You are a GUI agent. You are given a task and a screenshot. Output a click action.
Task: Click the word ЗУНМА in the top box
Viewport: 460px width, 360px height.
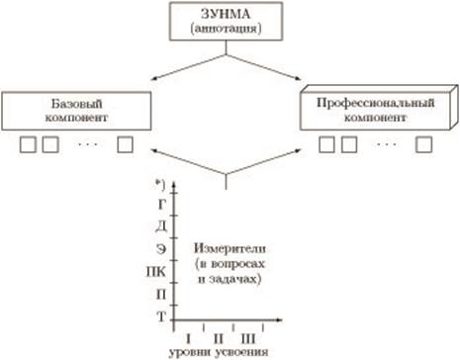point(226,14)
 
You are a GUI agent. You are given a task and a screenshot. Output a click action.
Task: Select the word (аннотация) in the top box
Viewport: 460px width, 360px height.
point(226,29)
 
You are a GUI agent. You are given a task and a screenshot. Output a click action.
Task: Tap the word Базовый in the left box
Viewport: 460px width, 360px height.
point(76,104)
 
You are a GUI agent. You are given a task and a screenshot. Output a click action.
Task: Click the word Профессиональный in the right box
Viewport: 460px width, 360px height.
point(376,103)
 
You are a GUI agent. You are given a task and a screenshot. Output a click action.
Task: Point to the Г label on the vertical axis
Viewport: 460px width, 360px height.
point(161,205)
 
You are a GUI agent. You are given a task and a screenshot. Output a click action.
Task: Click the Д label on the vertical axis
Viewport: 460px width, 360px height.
point(161,226)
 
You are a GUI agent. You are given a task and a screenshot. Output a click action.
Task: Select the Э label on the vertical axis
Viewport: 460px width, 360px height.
point(161,249)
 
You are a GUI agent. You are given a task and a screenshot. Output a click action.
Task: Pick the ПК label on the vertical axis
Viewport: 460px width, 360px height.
point(156,272)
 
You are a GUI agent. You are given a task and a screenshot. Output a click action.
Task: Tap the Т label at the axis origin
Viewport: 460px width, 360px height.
point(161,316)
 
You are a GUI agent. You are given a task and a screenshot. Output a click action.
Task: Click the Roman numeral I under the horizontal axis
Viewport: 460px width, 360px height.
point(188,338)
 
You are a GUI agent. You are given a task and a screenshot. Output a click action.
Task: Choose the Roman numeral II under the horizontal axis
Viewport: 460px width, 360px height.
point(219,338)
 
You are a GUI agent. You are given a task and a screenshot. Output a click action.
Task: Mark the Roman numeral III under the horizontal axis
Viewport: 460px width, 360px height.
point(248,338)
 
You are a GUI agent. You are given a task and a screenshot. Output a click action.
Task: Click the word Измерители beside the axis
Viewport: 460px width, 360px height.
point(230,248)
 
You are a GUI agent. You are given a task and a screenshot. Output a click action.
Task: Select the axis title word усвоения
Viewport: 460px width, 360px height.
point(241,353)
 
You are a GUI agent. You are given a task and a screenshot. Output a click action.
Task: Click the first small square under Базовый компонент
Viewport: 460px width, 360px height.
point(28,144)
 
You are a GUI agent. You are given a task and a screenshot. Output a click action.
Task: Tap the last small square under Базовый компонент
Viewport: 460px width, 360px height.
point(126,144)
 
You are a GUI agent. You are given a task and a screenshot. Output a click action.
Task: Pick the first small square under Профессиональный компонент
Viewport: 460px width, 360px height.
point(326,144)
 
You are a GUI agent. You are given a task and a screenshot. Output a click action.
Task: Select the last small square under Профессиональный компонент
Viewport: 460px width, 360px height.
point(423,144)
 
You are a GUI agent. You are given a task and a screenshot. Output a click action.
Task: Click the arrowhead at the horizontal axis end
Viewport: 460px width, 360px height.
point(279,319)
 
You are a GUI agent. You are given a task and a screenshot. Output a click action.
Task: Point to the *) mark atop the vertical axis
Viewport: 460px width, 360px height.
point(160,185)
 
